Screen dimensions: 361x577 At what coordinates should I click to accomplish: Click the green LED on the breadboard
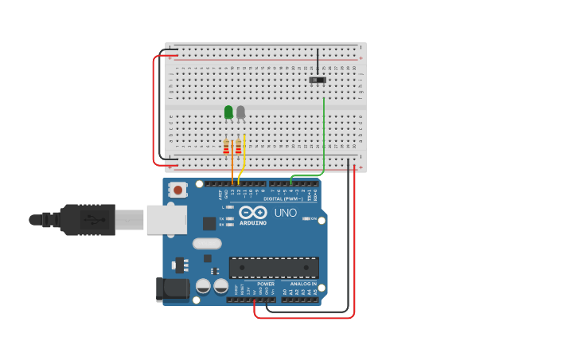point(228,112)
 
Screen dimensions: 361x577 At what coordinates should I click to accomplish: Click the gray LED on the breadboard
point(240,112)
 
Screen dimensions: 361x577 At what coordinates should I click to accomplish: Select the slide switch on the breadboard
point(318,80)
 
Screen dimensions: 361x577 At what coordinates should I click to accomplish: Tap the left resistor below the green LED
point(226,147)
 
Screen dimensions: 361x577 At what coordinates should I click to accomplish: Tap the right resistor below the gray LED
point(238,147)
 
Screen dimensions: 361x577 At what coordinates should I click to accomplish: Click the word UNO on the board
point(285,213)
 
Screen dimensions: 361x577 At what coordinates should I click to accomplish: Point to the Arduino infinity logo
point(253,213)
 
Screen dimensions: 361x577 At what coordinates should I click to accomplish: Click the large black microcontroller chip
point(274,268)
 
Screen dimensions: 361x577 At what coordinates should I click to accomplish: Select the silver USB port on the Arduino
point(166,219)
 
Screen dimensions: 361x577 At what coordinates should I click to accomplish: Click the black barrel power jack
point(173,290)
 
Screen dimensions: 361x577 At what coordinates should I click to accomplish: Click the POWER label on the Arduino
point(266,284)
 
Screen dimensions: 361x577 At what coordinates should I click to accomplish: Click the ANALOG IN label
point(302,284)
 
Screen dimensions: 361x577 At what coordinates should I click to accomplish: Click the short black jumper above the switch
point(318,61)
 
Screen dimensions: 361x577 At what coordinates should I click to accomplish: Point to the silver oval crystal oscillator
point(207,243)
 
